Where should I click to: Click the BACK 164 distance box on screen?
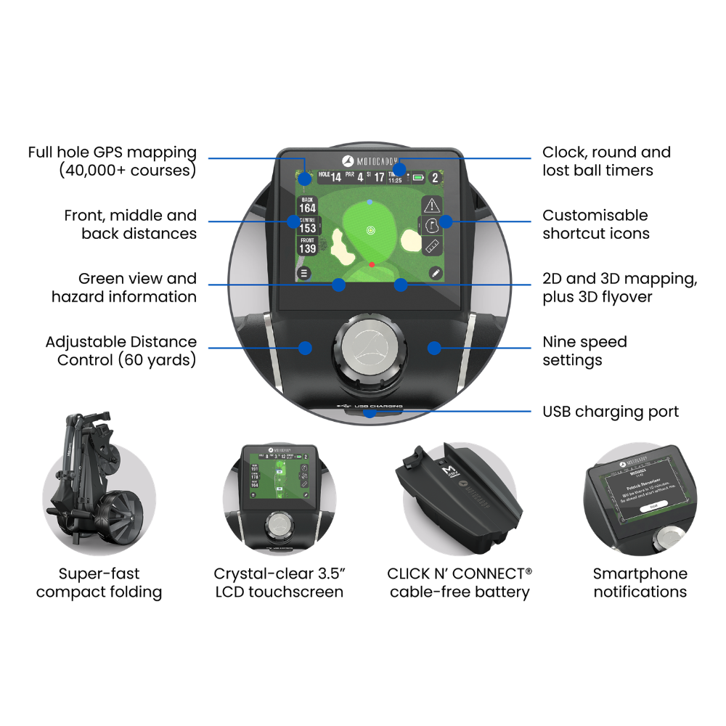(308, 205)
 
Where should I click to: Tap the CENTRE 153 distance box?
(308, 225)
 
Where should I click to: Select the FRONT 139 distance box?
(308, 245)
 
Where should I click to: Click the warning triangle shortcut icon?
(432, 205)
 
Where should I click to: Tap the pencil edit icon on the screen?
(434, 273)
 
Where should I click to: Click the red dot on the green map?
(371, 264)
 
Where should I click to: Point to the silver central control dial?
(370, 348)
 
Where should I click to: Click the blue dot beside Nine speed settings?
(434, 348)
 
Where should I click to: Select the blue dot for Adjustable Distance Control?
(306, 348)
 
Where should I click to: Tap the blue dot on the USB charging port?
(370, 412)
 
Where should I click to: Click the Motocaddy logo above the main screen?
(370, 160)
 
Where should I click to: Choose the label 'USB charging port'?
(611, 412)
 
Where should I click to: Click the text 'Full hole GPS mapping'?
(113, 152)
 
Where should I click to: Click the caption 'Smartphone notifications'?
(640, 582)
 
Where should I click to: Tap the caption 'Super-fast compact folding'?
(99, 582)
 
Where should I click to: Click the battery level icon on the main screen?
(418, 177)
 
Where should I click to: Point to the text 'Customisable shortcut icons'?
(595, 224)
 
